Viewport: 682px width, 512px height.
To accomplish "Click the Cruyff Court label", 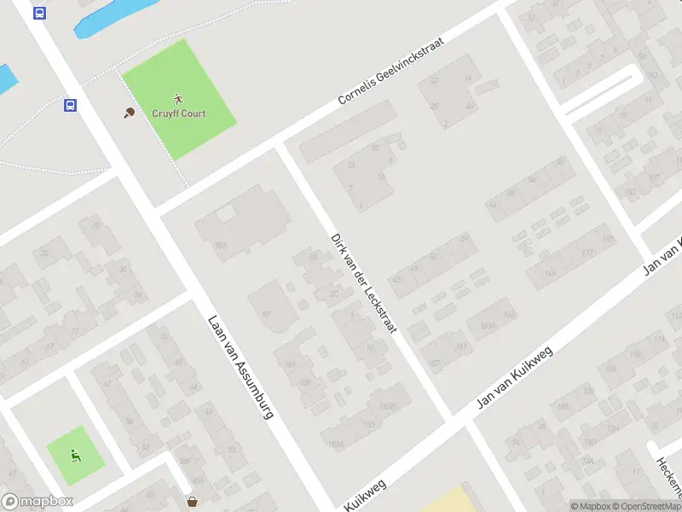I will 179,113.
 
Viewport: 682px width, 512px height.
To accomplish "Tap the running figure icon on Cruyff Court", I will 178,98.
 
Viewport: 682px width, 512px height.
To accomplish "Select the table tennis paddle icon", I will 129,112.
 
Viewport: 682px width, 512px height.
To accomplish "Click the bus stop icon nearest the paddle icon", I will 70,106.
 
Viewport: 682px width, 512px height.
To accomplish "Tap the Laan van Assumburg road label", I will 240,368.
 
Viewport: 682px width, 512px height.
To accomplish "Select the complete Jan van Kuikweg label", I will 515,376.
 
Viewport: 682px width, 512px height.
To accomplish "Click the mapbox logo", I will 38,502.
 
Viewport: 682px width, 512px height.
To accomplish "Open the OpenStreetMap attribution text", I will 643,506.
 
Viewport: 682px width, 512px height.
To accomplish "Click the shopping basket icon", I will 193,501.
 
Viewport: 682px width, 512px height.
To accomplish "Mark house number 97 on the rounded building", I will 266,314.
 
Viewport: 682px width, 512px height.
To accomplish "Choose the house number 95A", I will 222,247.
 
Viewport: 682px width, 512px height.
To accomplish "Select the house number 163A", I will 488,326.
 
